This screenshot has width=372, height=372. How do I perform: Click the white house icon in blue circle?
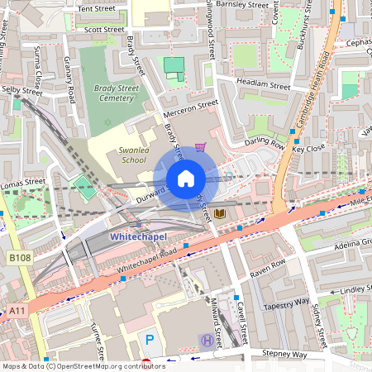tap(186, 179)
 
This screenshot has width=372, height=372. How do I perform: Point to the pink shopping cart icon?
tap(199, 148)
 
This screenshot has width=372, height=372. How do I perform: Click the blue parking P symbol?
tap(150, 339)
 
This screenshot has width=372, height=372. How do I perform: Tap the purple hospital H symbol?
tap(205, 339)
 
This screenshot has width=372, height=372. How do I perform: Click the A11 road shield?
tap(17, 311)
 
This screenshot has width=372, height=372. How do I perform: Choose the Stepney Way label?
tap(282, 353)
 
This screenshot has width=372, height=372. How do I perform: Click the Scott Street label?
tap(104, 30)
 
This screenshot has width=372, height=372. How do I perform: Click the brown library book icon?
tap(220, 214)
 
